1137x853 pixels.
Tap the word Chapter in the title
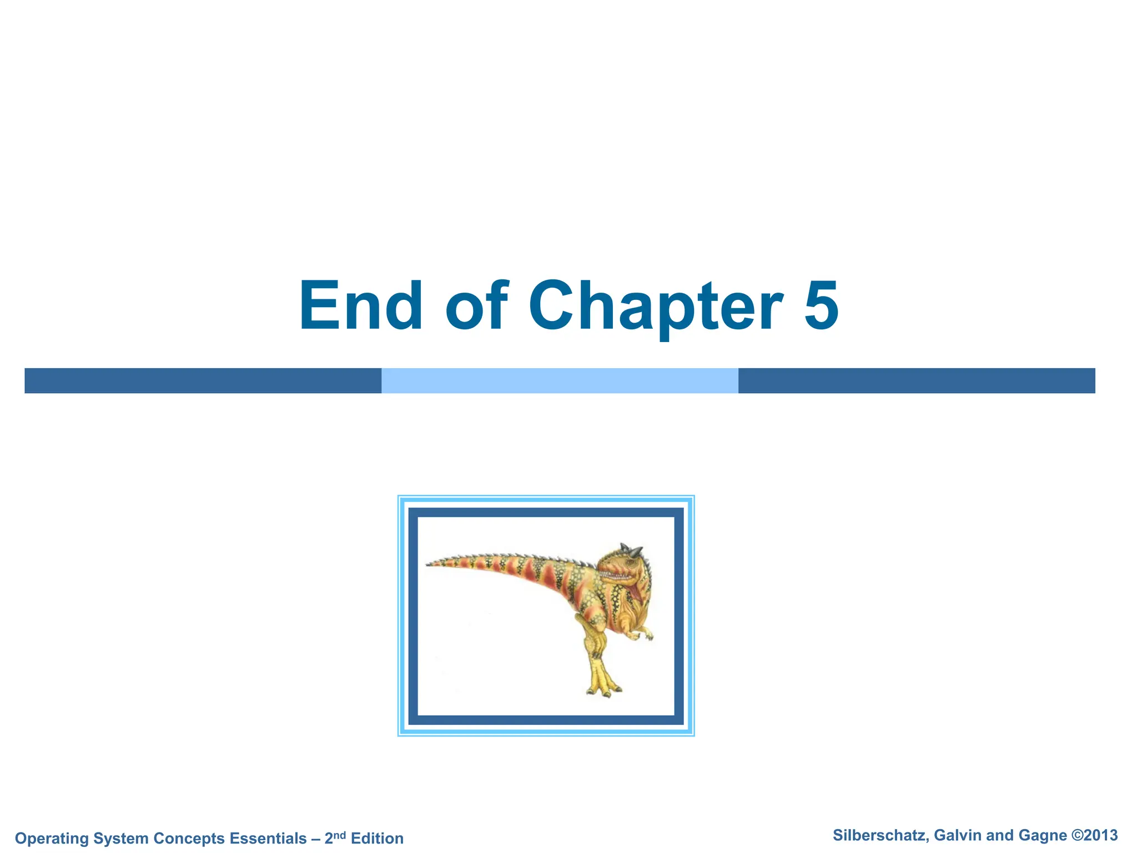(656, 307)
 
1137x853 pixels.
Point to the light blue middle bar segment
(560, 381)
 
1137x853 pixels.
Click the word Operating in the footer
(52, 839)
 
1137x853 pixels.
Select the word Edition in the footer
(377, 838)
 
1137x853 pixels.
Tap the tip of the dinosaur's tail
(429, 564)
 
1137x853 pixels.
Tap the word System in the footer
(121, 839)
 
